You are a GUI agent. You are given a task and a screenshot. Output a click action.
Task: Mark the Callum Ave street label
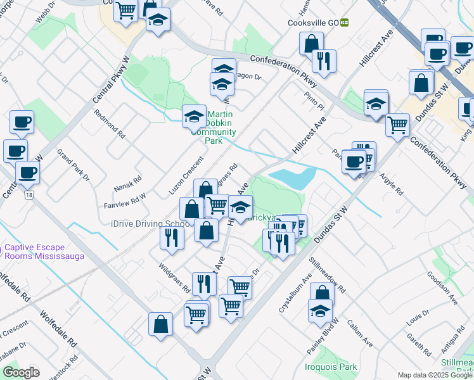point(359,332)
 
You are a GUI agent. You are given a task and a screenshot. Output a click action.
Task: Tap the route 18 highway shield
point(29,196)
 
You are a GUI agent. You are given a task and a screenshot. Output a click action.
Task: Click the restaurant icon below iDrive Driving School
point(171,237)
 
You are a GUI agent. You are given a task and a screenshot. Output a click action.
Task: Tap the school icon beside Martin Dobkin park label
point(194,116)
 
